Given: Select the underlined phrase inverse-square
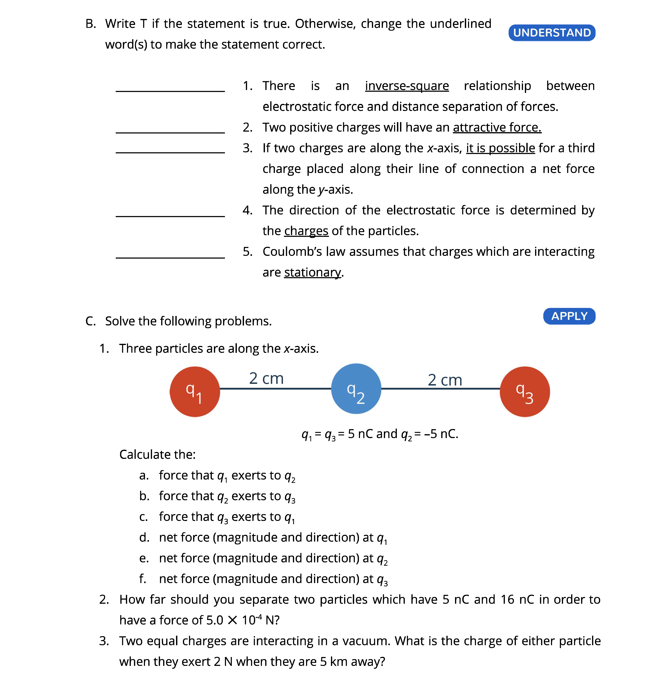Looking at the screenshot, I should pyautogui.click(x=407, y=86).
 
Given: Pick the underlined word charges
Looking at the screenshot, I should pyautogui.click(x=306, y=231).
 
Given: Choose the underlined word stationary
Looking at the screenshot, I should pyautogui.click(x=312, y=272).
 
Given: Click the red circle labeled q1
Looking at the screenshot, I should pyautogui.click(x=195, y=392).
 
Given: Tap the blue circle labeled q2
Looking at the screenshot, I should pyautogui.click(x=356, y=389).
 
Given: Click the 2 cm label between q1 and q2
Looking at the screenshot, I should pyautogui.click(x=266, y=379).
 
